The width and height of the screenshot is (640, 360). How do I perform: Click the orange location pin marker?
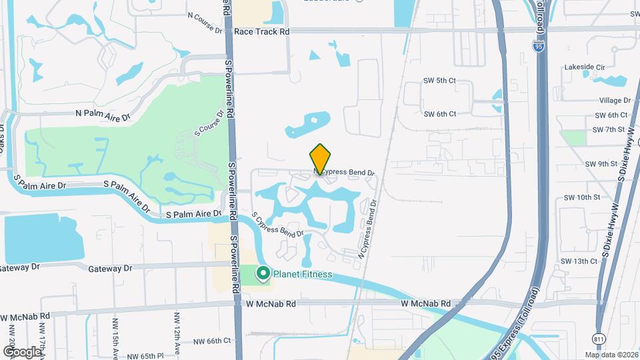pyautogui.click(x=321, y=159)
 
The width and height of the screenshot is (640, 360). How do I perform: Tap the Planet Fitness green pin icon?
pyautogui.click(x=263, y=273)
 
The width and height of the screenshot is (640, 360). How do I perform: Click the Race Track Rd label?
pyautogui.click(x=261, y=31)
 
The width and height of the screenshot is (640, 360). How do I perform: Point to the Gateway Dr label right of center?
pyautogui.click(x=110, y=268)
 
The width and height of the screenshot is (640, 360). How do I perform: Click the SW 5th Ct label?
pyautogui.click(x=439, y=81)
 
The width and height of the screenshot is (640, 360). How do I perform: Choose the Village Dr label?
pyautogui.click(x=615, y=100)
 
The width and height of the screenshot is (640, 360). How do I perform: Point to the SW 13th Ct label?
pyautogui.click(x=579, y=261)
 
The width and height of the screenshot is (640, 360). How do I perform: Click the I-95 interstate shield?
pyautogui.click(x=538, y=45)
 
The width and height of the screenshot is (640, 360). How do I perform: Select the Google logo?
pyautogui.click(x=22, y=351)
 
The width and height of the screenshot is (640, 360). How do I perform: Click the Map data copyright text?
pyautogui.click(x=611, y=354)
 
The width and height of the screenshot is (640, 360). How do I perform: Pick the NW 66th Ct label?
pyautogui.click(x=209, y=341)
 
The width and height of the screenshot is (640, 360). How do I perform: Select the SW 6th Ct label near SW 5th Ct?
pyautogui.click(x=440, y=114)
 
